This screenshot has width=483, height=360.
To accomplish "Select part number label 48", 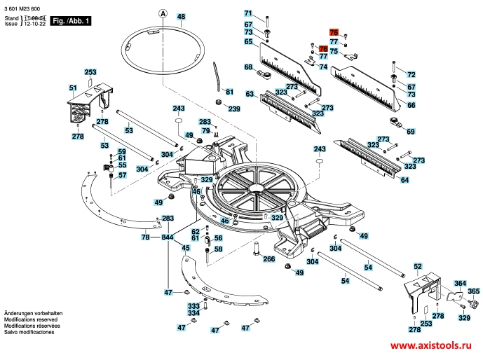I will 182,16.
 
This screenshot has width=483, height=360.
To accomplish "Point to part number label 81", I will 228,92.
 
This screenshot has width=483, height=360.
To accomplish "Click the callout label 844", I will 168,238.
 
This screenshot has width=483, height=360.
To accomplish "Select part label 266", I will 268,259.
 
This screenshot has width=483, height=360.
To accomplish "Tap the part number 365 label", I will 474,291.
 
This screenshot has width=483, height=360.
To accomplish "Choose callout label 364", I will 460,283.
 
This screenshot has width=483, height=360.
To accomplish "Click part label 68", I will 248,67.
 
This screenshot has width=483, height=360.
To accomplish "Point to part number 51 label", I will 72,88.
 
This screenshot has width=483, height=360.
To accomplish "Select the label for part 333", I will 193,306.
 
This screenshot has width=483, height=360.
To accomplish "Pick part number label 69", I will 411,131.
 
